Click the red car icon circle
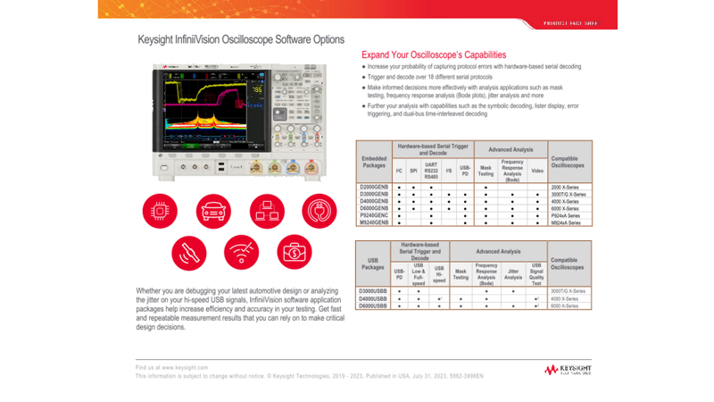coord(213,211)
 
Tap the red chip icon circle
coord(160,211)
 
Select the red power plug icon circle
coord(320,211)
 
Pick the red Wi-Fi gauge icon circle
coord(241,252)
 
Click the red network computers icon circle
coord(267,211)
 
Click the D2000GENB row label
coord(372,186)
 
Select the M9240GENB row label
coord(373,222)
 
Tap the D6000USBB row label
coord(372,306)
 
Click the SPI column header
coord(413,169)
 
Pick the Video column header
coord(537,169)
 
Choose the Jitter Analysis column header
coord(512,274)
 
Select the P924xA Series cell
coord(566,214)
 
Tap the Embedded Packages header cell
coord(372,162)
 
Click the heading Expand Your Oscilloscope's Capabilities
coord(434,54)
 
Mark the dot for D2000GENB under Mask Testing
coord(486,186)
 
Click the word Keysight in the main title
coord(157,39)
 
